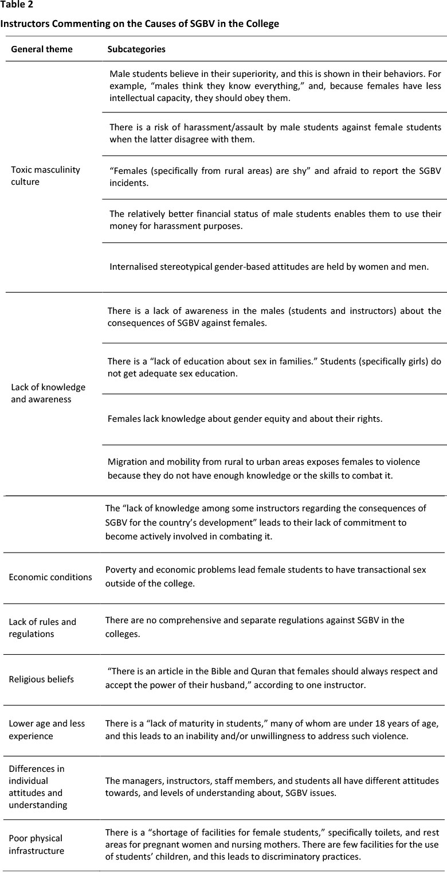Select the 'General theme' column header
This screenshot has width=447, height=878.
pos(42,49)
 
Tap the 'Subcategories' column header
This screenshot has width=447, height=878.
pos(136,49)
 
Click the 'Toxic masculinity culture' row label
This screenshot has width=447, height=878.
pos(45,176)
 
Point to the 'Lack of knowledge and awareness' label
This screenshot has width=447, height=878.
pos(48,393)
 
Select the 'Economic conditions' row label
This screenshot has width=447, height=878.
pos(50,577)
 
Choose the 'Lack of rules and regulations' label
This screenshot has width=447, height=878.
pos(42,628)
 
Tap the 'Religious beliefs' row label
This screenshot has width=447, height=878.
pos(41,679)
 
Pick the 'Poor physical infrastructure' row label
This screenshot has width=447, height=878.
pos(36,844)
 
